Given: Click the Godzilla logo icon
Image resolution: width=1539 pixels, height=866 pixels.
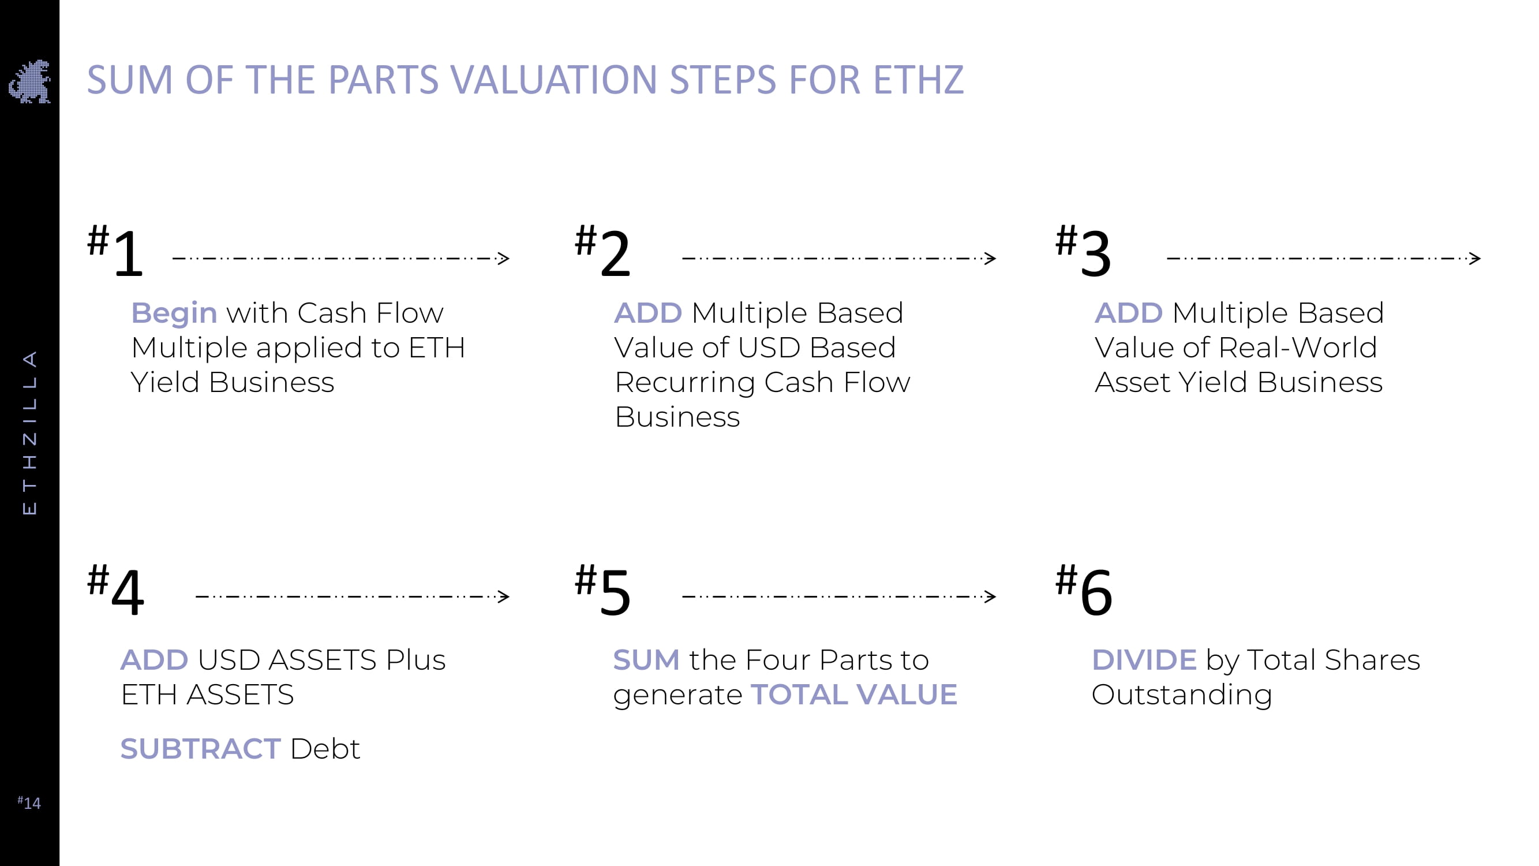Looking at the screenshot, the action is tap(29, 81).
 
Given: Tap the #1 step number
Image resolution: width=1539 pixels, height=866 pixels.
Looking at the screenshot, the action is tap(115, 251).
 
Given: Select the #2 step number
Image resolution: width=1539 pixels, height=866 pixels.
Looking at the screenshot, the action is tap(602, 251).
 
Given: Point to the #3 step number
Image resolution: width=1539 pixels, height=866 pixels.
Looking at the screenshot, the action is tap(1083, 251).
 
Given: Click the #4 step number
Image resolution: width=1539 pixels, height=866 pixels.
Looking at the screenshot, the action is tap(115, 589).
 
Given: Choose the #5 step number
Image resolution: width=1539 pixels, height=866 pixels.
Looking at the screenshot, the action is tap(602, 589).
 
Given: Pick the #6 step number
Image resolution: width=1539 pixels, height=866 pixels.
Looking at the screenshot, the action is tap(1084, 589).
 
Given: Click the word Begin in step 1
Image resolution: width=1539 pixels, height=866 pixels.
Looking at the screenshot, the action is tap(174, 313).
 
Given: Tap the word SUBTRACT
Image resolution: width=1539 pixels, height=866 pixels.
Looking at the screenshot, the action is tap(200, 749).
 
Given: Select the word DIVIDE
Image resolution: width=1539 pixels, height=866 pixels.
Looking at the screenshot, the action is tap(1144, 660).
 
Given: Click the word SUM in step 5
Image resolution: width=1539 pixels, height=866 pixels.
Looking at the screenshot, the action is tap(646, 660).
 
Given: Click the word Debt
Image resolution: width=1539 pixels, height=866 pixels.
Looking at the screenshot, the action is tap(325, 749).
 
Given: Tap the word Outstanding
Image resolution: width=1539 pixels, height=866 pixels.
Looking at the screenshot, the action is tap(1182, 696).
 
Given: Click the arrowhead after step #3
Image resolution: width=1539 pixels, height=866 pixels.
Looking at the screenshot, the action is tap(1475, 258).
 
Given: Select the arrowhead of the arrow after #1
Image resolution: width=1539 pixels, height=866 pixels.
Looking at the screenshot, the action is tap(504, 258).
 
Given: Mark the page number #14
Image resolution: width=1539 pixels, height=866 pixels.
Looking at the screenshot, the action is tap(29, 802).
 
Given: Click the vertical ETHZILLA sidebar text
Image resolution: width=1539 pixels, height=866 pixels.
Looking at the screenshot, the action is tap(29, 432).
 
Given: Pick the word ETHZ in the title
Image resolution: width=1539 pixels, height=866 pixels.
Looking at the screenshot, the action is tap(918, 80).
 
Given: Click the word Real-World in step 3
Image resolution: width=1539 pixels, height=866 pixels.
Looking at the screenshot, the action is tap(1298, 348).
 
